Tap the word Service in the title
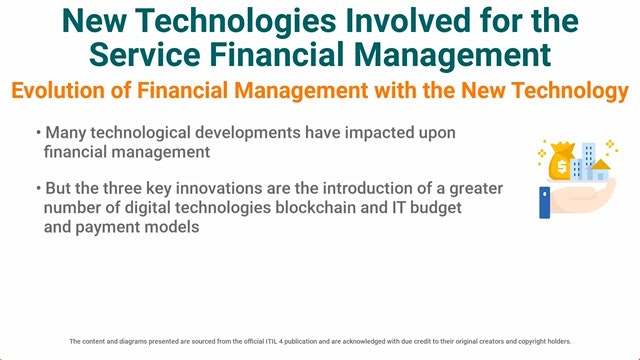coord(145,55)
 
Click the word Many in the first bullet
coord(65,133)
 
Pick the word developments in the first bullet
coord(248,133)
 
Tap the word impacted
coord(375,133)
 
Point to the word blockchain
coord(316,207)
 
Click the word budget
coord(436,208)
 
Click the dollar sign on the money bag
coord(562,167)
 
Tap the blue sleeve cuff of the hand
coord(544,202)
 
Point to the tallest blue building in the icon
coord(589,161)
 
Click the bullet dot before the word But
coord(38,188)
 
